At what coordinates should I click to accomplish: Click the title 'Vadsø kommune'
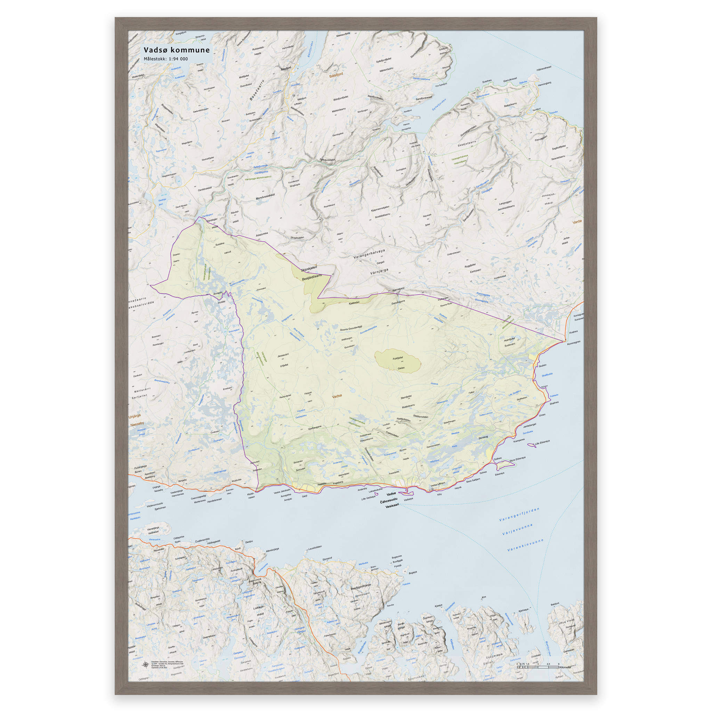pos(177,50)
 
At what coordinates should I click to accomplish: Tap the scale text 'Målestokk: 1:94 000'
pos(165,59)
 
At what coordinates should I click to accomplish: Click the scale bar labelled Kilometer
pos(538,667)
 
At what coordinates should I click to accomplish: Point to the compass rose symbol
pos(145,665)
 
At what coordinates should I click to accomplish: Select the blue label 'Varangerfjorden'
pos(519,515)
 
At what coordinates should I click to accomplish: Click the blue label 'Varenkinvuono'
pos(526,545)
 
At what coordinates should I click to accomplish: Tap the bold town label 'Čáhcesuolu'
pos(389,500)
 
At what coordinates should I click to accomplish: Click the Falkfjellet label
pos(398,358)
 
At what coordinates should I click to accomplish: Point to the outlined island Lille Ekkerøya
pos(532,445)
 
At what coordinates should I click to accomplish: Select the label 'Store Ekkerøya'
pos(517,459)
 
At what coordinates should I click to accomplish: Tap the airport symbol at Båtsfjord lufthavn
pos(294,96)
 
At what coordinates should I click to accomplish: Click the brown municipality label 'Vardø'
pos(577,222)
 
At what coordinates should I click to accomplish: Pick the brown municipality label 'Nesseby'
pos(137,424)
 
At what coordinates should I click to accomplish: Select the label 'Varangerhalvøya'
pos(369,253)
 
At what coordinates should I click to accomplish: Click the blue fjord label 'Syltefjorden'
pos(439,105)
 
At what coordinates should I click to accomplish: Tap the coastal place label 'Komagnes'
pos(573,343)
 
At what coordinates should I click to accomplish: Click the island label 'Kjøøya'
pos(438,606)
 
